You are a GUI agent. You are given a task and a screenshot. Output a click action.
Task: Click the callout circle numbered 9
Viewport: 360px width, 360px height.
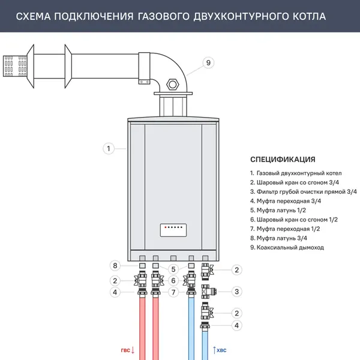point(208,63)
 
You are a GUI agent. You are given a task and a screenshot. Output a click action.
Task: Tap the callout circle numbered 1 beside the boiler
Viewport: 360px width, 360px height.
point(108,148)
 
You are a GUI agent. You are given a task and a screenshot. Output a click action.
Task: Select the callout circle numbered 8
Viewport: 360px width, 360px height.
point(115,266)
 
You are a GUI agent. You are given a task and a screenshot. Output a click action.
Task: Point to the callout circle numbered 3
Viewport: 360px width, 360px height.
point(237,292)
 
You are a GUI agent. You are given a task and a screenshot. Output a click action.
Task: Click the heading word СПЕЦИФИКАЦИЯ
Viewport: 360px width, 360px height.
point(283,160)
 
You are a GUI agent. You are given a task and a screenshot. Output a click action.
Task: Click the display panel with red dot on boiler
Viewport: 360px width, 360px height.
point(173,229)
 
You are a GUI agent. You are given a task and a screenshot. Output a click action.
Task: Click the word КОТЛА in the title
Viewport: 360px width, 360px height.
point(307,16)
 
